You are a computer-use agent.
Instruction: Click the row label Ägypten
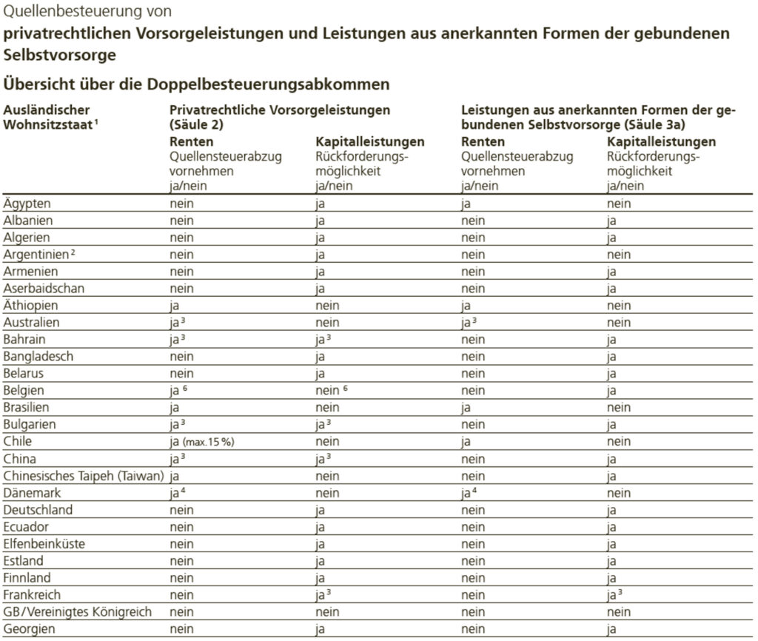tap(27, 204)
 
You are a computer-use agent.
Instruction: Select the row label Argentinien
tap(36, 255)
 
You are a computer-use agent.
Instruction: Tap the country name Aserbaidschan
tap(44, 289)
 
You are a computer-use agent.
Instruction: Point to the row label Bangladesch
tap(38, 357)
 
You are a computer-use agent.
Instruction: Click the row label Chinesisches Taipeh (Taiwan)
tap(84, 476)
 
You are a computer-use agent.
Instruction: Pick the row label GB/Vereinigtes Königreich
tap(77, 612)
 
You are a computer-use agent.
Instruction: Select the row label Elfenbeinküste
tap(44, 544)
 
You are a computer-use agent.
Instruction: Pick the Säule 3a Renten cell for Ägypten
tap(467, 204)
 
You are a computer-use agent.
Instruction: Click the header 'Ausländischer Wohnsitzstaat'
tap(49, 117)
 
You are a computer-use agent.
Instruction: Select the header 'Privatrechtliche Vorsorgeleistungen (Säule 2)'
tap(280, 117)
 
